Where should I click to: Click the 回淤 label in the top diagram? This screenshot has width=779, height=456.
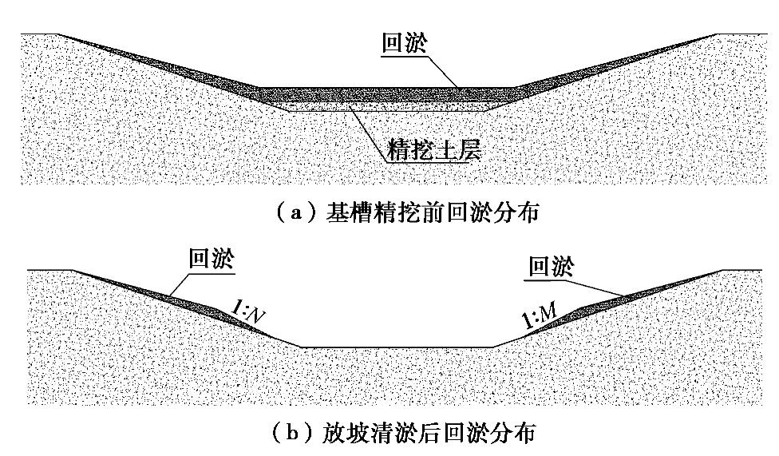405,44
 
